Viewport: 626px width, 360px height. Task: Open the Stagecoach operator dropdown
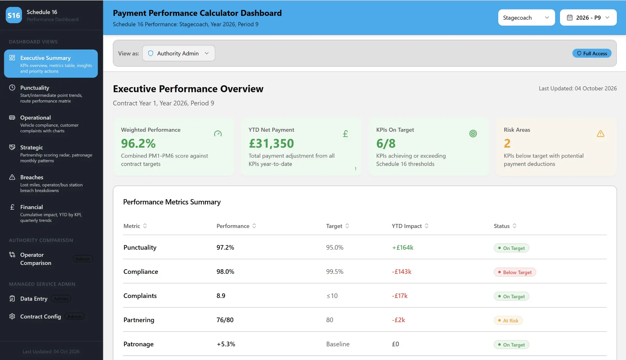click(526, 18)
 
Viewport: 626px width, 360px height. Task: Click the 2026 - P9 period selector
click(588, 18)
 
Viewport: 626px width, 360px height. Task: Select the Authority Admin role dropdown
click(179, 53)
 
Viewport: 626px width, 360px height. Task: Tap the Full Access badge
click(592, 53)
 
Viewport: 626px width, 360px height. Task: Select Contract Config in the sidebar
click(41, 317)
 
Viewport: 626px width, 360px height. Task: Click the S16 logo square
click(14, 15)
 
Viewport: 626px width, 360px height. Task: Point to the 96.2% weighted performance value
click(138, 143)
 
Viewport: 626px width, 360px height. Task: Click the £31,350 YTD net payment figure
click(271, 143)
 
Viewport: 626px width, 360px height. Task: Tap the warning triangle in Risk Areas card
click(600, 134)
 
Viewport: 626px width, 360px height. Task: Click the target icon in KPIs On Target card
click(473, 134)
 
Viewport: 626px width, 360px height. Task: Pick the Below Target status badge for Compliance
click(515, 272)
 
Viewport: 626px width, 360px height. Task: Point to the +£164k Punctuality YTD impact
click(403, 248)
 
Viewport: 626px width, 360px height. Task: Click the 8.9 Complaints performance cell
click(221, 296)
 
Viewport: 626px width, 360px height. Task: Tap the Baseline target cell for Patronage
click(338, 344)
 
